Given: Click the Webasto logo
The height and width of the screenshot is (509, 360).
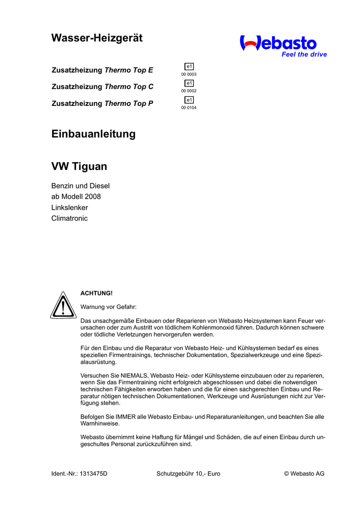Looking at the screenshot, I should tap(278, 43).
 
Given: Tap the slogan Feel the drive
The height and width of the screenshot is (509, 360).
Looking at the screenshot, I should tap(304, 55).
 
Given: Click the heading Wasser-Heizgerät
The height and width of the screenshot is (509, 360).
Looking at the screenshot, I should tap(97, 38).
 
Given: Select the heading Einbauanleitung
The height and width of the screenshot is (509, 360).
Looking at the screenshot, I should tap(93, 134).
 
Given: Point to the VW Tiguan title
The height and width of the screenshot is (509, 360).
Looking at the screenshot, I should tap(79, 167).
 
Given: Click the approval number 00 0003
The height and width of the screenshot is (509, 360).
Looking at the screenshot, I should tap(189, 75).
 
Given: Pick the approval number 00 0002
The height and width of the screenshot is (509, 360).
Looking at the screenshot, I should tap(189, 91).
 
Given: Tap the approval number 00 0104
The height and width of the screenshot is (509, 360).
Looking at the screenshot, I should tap(189, 107).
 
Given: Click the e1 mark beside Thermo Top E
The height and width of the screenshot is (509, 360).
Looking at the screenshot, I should tap(189, 67).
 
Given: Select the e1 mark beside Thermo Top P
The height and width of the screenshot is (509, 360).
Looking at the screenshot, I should tap(189, 100).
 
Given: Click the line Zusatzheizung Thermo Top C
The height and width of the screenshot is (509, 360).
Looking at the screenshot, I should tap(102, 86).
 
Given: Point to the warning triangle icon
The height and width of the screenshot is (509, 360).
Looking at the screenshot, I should tap(63, 305).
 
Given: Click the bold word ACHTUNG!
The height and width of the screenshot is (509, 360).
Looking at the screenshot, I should tap(93, 293).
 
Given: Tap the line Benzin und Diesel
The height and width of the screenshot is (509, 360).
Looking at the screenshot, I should tap(81, 186).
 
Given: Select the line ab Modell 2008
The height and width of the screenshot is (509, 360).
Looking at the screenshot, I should tap(76, 197).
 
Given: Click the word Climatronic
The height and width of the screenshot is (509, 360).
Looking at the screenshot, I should tap(70, 218).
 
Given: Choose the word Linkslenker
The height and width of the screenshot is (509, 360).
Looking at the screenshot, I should tap(70, 208).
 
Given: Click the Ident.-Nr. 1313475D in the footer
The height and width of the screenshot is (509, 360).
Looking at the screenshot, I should tap(80, 474).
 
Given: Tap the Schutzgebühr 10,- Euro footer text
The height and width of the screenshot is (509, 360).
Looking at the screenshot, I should tap(188, 474).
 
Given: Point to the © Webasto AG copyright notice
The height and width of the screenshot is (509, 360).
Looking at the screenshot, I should tap(304, 474).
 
